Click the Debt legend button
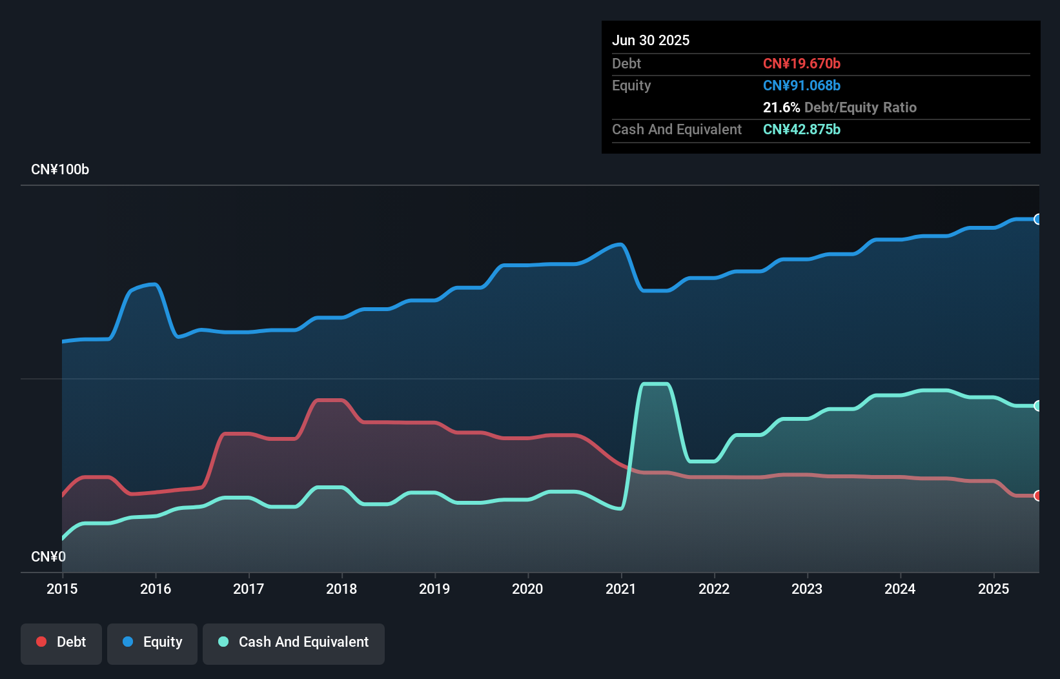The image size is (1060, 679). (x=61, y=643)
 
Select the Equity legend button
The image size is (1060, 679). (x=152, y=643)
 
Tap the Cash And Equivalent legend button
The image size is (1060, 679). (x=294, y=643)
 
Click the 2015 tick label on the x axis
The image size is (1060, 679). (x=62, y=589)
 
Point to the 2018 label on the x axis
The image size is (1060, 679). (x=341, y=589)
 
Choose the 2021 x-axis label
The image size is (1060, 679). (x=621, y=589)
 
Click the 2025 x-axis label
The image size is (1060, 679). (x=994, y=589)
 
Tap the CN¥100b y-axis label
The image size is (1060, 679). (x=60, y=170)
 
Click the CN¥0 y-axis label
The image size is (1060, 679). (x=48, y=557)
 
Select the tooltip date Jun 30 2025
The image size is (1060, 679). (x=651, y=41)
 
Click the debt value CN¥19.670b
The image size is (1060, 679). (x=802, y=64)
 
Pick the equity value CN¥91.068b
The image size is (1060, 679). (x=802, y=86)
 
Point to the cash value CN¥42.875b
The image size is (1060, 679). (x=802, y=130)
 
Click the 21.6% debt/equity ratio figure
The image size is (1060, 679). (x=781, y=108)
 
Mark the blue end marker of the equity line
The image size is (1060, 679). (x=1037, y=219)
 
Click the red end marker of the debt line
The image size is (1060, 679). (x=1037, y=496)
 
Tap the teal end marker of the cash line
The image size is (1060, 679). (x=1037, y=406)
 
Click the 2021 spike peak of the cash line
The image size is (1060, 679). (x=655, y=385)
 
